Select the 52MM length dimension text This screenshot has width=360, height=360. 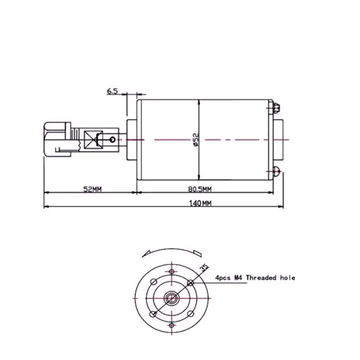[x=92, y=189]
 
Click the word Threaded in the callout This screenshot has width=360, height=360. [x=261, y=278]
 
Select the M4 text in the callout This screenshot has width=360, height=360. [x=239, y=278]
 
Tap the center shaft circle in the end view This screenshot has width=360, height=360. [x=172, y=298]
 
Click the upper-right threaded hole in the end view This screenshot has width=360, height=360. [x=191, y=283]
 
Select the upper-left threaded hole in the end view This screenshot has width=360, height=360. [x=153, y=281]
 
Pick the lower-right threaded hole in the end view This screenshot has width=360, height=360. [x=190, y=314]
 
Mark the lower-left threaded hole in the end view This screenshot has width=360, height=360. [x=153, y=314]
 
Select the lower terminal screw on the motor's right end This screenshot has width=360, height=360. [x=276, y=172]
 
